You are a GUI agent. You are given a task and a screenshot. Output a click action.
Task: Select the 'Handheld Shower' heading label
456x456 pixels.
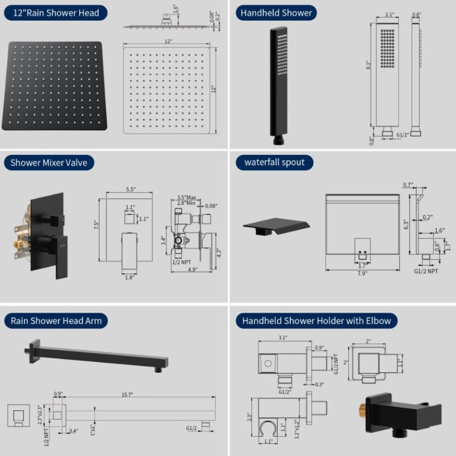tap(276, 12)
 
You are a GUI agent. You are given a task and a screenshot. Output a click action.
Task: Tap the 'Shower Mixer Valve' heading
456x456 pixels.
tap(49, 161)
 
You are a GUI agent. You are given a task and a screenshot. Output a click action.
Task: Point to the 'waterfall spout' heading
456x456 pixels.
tap(274, 161)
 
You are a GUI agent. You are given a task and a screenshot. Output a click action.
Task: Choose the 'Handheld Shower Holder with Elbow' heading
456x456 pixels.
tap(316, 320)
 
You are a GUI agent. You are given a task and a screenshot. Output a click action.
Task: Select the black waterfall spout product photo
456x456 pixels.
tap(277, 227)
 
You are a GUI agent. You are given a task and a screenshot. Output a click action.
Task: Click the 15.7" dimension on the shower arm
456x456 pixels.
tap(127, 394)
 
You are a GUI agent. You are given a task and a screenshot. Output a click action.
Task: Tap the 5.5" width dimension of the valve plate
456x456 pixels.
tap(130, 189)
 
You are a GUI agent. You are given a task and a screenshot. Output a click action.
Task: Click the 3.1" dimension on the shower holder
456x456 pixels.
tap(282, 339)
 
